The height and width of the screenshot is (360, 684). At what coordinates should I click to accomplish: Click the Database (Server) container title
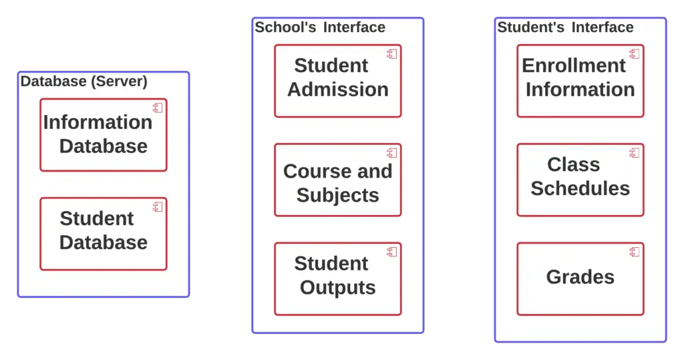pyautogui.click(x=84, y=81)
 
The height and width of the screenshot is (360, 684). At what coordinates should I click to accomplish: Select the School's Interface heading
pyautogui.click(x=320, y=27)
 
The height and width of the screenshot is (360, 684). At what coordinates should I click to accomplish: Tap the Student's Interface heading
pyautogui.click(x=565, y=27)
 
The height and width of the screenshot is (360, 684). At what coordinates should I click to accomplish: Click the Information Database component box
pyautogui.click(x=103, y=135)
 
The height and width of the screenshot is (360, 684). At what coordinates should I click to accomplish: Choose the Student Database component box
pyautogui.click(x=103, y=234)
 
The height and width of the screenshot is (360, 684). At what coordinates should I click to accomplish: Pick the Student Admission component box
pyautogui.click(x=337, y=81)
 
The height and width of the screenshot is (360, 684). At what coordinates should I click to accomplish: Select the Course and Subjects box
pyautogui.click(x=337, y=180)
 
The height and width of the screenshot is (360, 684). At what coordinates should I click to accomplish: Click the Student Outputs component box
pyautogui.click(x=337, y=279)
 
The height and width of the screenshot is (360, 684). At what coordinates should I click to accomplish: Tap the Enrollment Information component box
pyautogui.click(x=580, y=81)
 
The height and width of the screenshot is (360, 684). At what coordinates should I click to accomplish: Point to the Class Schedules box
pyautogui.click(x=580, y=180)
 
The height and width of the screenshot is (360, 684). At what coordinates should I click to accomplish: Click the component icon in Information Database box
pyautogui.click(x=158, y=108)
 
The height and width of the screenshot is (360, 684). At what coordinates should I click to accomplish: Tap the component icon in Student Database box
pyautogui.click(x=158, y=206)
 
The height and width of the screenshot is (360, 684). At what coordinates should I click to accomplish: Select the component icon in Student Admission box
pyautogui.click(x=392, y=53)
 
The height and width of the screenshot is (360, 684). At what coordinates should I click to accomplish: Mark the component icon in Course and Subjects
pyautogui.click(x=392, y=152)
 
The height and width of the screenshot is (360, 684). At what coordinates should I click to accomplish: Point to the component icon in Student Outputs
pyautogui.click(x=392, y=251)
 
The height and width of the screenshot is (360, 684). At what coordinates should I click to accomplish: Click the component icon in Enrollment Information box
pyautogui.click(x=635, y=53)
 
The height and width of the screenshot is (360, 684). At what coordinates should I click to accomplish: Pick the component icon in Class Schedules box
pyautogui.click(x=635, y=152)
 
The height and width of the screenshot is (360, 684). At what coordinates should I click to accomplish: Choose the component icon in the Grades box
pyautogui.click(x=635, y=251)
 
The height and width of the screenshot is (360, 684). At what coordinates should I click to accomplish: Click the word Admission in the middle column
pyautogui.click(x=338, y=89)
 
